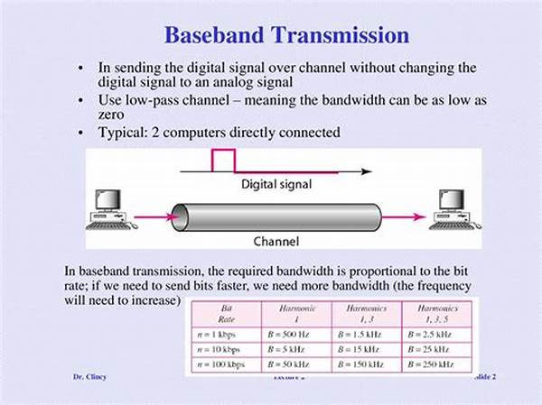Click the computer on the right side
point(451,207)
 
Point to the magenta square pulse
point(221,159)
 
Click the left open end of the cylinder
point(180,217)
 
